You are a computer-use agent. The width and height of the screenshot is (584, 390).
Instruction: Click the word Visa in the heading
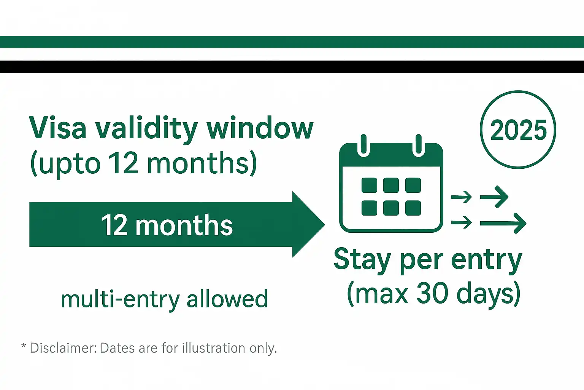(57, 128)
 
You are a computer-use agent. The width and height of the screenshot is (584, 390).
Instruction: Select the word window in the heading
(260, 128)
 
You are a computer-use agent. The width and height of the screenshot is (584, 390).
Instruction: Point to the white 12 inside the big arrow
(114, 225)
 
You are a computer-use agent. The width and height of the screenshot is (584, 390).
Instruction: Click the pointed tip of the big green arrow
(323, 224)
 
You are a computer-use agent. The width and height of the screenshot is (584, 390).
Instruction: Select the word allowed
(227, 299)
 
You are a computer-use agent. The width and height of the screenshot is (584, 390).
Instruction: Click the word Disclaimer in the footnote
(63, 348)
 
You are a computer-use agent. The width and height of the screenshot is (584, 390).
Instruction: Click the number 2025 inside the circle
(518, 130)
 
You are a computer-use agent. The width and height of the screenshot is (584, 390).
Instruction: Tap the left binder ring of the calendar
(363, 145)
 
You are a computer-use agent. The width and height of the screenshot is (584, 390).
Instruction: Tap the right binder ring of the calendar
(419, 145)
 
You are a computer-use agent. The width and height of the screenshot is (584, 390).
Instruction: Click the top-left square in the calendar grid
(369, 185)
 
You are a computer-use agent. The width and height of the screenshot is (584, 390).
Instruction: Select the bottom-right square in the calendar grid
(413, 208)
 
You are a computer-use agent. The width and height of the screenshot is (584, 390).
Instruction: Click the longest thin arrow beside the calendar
(503, 223)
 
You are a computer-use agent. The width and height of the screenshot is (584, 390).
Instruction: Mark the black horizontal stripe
(292, 67)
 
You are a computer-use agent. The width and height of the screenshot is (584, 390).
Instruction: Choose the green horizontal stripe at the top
(292, 42)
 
